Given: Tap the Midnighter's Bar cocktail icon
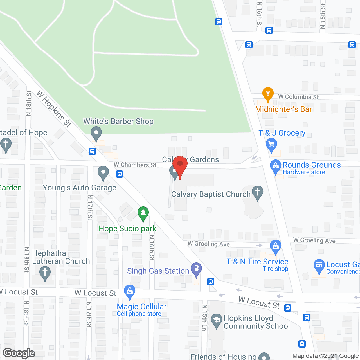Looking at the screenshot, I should [268, 94].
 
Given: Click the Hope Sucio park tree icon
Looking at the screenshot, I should [143, 213].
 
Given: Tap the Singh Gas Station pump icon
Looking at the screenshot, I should [196, 269].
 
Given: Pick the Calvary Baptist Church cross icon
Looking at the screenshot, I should [257, 193].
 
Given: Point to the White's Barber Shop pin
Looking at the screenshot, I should [96, 133].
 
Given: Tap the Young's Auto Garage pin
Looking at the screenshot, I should [103, 172].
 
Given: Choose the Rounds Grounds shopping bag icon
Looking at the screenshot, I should [276, 166].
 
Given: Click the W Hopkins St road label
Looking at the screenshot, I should [54, 109].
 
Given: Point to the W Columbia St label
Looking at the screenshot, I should [298, 97].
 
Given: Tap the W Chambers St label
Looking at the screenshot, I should [135, 165].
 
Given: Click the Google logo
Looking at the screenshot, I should [19, 353].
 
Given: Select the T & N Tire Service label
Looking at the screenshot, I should [257, 262].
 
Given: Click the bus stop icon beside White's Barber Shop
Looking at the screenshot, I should [92, 151].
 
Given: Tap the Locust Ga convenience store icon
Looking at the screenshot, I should [319, 265].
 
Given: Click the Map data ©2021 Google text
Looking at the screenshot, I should [326, 356].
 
